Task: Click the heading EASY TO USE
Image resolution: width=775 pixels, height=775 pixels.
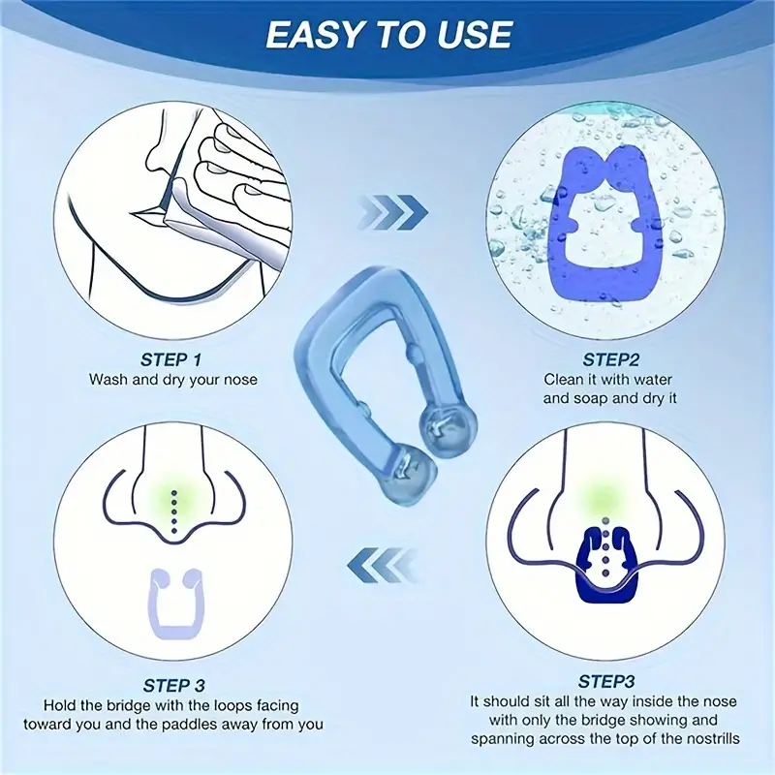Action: coord(388,35)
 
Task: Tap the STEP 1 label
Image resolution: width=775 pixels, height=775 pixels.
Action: coord(171,359)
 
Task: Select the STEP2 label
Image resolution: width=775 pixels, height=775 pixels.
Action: coord(610,359)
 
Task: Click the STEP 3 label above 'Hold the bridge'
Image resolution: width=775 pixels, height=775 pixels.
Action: coord(173,686)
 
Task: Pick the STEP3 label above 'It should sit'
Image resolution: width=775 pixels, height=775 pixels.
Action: coord(606,682)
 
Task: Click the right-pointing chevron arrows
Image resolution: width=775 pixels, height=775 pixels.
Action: coord(393,212)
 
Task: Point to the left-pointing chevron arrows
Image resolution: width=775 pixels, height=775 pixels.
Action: coord(381,565)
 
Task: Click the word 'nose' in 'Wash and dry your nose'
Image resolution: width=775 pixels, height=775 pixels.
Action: coord(240,380)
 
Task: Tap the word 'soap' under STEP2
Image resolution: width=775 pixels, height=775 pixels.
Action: coord(600,398)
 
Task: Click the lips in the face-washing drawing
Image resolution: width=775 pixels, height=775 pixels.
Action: coord(147,215)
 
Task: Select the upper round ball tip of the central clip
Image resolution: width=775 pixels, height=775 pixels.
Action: coord(449,424)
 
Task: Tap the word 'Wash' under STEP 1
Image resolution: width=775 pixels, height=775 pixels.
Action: coord(108,380)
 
